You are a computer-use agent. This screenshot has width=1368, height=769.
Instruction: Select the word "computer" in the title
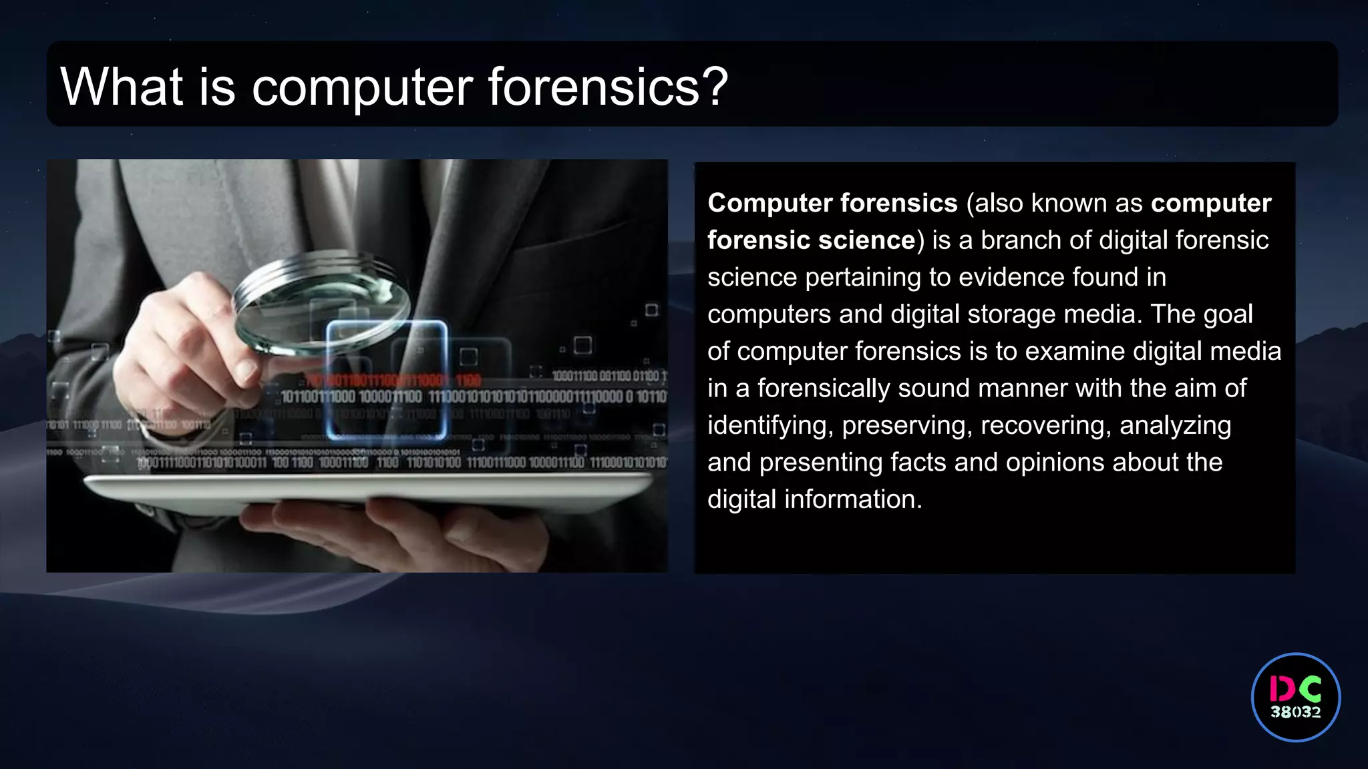click(362, 88)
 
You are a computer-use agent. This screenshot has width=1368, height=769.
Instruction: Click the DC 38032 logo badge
click(1295, 697)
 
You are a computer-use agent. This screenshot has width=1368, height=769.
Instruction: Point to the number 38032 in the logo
click(1295, 712)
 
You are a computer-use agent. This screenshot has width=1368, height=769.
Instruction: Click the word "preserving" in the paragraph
click(906, 426)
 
